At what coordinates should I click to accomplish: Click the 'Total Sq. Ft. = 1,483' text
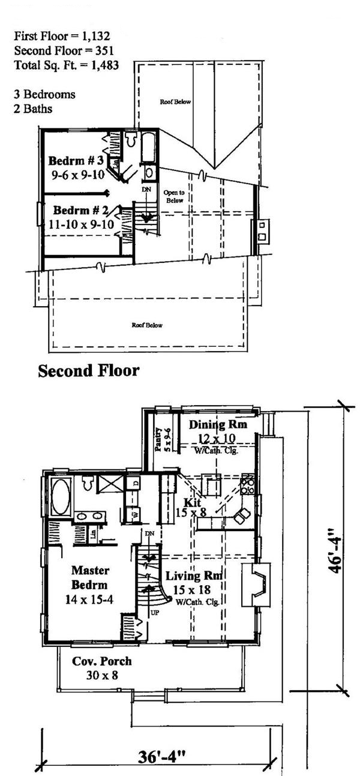(x=65, y=65)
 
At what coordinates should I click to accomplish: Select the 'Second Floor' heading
(x=88, y=371)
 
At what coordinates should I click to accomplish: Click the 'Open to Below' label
(x=175, y=196)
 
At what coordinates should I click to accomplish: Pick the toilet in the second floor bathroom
(x=131, y=139)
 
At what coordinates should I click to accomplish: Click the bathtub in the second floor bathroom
(x=148, y=146)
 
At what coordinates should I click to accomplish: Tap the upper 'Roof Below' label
(x=175, y=102)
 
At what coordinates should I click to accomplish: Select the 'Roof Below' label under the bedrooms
(x=147, y=325)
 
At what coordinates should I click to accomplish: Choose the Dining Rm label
(x=218, y=425)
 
